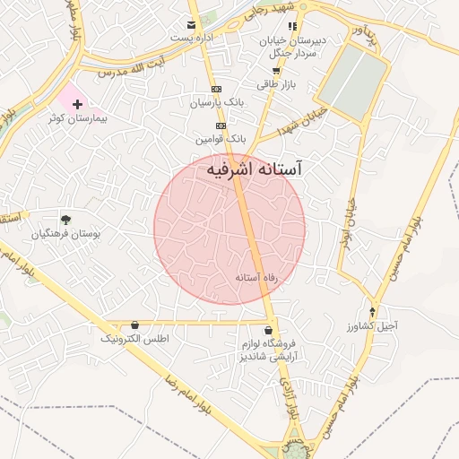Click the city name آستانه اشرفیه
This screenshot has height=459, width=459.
[x=255, y=169]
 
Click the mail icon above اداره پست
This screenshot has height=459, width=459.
[x=191, y=25]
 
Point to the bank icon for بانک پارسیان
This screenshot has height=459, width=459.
[x=216, y=90]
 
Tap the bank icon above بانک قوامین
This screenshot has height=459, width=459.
[x=221, y=126]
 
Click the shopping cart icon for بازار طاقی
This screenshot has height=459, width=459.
[x=276, y=71]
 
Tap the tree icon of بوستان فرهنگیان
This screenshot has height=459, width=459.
[x=65, y=219]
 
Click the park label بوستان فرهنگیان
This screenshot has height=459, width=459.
[x=66, y=233]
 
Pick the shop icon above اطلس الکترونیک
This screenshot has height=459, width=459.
[x=134, y=325]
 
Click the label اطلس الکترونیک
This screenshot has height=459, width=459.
[x=134, y=339]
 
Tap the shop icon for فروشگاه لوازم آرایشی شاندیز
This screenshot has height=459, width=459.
[x=269, y=330]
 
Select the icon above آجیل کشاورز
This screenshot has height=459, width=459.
[x=371, y=313]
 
